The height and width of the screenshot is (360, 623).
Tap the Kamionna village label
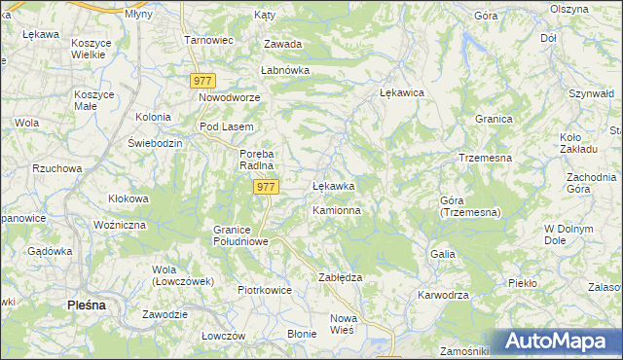pos(337,210)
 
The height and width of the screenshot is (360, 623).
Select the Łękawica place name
pos(402,92)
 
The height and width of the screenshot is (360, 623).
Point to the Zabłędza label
pos(341,277)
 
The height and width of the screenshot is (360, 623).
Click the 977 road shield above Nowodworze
pos(202,82)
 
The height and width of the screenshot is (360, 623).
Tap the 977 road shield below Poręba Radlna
pos(266,186)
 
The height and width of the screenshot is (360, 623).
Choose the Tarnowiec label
pos(209,41)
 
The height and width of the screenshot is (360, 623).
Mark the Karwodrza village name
pos(444,295)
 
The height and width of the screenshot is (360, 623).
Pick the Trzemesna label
pos(485,157)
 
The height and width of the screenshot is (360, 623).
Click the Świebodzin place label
pos(156,142)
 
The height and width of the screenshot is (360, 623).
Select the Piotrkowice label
pos(266,290)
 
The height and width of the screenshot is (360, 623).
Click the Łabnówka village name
pos(284,71)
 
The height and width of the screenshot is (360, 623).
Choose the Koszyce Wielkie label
pos(94,50)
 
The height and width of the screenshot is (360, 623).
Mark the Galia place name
pos(443,253)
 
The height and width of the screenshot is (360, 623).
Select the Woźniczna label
pos(119,225)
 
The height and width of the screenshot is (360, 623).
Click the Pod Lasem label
pos(226,127)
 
